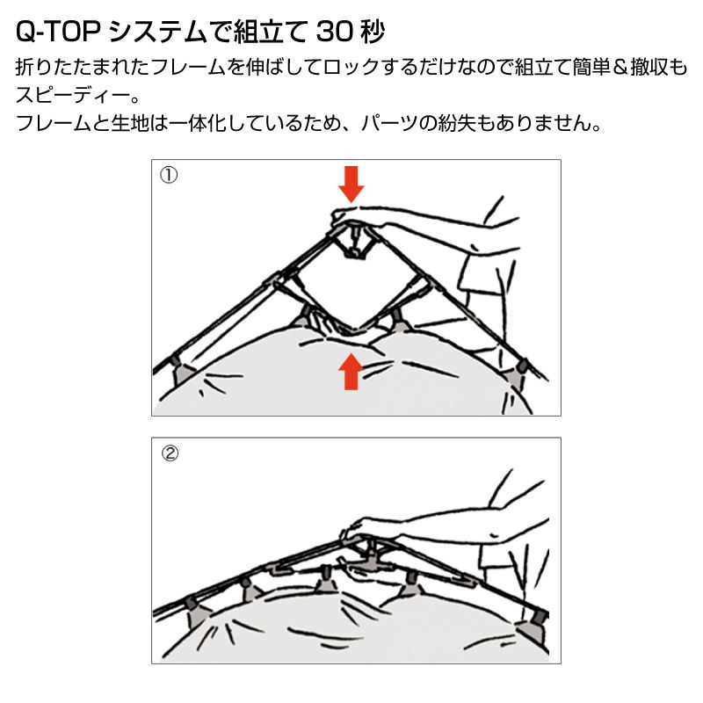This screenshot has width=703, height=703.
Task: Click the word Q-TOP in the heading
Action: point(56,33)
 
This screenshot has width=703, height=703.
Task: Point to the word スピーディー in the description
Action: point(73,95)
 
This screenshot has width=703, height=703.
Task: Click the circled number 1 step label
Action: point(169,175)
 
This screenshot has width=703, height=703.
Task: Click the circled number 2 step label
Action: point(170,453)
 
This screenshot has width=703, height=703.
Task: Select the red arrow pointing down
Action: point(351,184)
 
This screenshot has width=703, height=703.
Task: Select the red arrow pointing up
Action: point(351,371)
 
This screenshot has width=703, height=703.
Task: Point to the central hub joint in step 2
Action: point(371,558)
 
